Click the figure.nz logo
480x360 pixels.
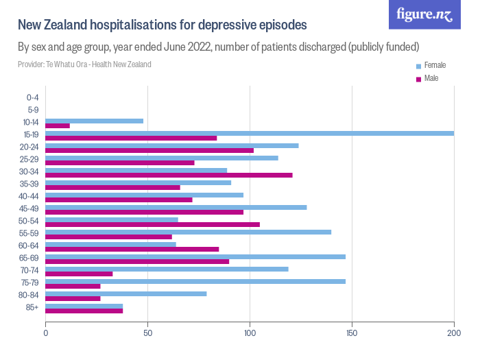click(424, 14)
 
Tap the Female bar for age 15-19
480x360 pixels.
click(250, 133)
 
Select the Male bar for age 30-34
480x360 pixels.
click(169, 175)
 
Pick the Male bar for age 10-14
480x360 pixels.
click(58, 125)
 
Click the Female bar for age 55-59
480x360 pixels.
click(188, 232)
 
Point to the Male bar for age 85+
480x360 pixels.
click(84, 311)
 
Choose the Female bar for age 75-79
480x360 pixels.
click(195, 281)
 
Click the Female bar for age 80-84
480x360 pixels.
click(125, 293)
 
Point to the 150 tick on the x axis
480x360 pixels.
click(352, 333)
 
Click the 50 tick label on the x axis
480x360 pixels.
click(147, 333)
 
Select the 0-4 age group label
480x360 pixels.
click(32, 97)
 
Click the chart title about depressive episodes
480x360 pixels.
click(162, 25)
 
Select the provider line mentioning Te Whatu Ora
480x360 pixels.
click(84, 64)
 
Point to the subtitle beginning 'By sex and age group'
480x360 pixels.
click(218, 47)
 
